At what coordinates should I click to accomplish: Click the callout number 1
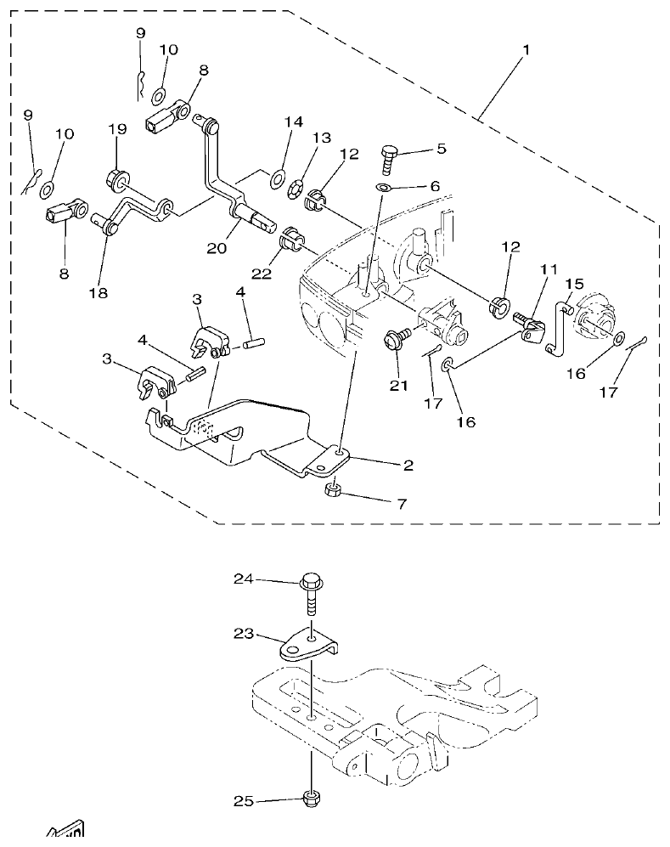click(526, 50)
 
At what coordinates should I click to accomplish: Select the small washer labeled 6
click(383, 187)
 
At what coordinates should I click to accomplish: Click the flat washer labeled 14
click(277, 178)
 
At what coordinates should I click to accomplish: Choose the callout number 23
click(243, 634)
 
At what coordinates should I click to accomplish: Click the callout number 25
click(243, 801)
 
